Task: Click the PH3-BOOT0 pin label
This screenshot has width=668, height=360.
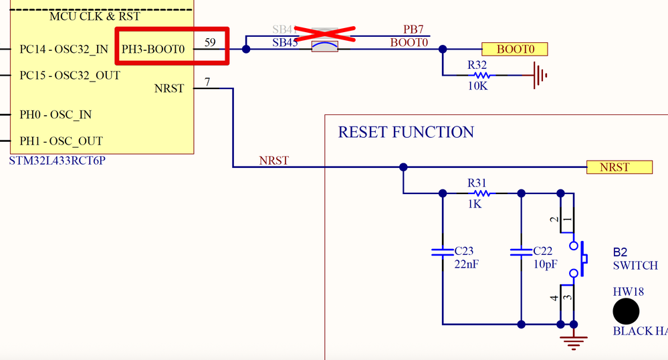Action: coord(153,49)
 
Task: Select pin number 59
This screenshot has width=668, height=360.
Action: coord(210,43)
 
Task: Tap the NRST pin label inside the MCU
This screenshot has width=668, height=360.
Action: coord(169,88)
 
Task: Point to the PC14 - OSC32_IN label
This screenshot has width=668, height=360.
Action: coord(64,49)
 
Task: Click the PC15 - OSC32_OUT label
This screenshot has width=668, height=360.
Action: coord(70,75)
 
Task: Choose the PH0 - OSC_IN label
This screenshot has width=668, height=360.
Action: coord(55,114)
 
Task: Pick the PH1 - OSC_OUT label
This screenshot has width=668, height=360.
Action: coord(61,141)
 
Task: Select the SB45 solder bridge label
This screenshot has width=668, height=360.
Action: coord(285,43)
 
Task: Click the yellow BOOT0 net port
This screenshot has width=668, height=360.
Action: coord(514,49)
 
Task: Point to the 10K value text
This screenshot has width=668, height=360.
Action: coord(477,86)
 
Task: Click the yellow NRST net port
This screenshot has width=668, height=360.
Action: coord(619,167)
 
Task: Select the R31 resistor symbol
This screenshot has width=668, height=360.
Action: coord(481,193)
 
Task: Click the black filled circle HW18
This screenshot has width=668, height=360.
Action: coord(627,311)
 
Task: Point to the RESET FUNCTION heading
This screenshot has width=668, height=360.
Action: coord(406,132)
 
